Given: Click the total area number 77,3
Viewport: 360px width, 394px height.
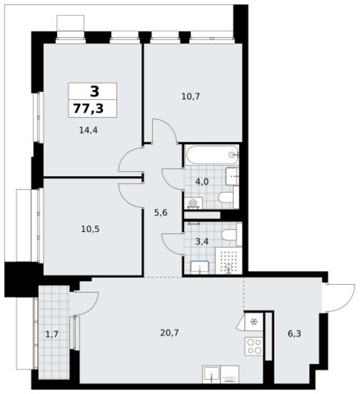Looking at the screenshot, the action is (88, 109).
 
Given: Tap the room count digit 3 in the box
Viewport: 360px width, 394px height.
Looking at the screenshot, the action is (95, 91).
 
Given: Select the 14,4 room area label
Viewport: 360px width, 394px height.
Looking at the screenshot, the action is (88, 130).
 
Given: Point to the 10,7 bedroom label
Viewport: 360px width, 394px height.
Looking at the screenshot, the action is (190, 96).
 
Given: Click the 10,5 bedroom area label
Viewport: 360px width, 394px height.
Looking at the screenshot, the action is (90, 229).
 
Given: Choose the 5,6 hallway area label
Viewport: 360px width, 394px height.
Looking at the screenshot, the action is (160, 213).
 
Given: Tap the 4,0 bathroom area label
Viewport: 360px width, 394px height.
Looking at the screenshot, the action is (202, 181).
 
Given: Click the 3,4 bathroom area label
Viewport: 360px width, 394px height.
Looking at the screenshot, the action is (202, 242).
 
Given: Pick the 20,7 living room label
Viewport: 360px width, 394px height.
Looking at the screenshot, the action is (170, 333).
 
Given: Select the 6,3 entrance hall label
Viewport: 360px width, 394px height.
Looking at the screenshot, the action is (294, 334).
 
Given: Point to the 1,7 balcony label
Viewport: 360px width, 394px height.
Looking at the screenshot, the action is (52, 334).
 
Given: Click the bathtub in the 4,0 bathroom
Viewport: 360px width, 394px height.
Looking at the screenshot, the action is (212, 155).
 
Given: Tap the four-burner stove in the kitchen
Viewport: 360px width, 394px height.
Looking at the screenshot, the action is (254, 346).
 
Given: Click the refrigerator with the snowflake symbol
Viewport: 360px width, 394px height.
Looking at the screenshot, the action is (254, 322).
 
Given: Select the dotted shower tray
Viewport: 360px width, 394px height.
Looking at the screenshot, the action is (229, 260).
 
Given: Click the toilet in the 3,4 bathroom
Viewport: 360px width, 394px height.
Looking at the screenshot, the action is (231, 235).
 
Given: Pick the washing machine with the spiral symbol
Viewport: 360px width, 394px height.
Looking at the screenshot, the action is (193, 203).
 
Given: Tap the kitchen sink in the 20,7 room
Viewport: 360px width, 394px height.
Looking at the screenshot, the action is (211, 374).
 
